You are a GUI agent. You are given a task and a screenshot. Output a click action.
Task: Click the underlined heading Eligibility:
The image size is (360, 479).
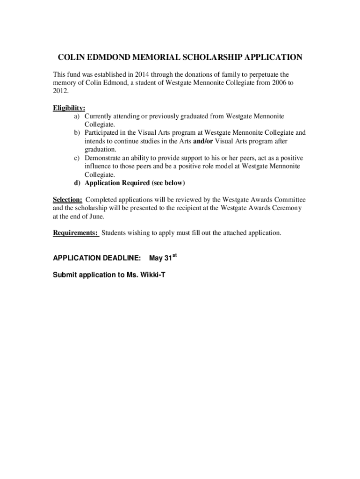click(x=69, y=108)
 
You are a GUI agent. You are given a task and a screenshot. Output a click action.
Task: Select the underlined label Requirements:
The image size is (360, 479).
click(x=76, y=233)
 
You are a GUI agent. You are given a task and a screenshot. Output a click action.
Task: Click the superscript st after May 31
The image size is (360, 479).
click(x=175, y=255)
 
